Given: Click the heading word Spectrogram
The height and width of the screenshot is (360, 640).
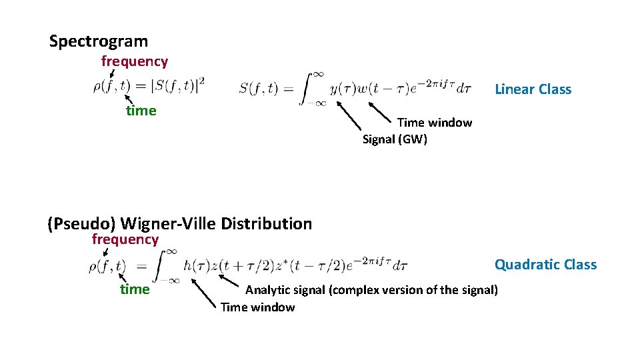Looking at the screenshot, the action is (x=99, y=41).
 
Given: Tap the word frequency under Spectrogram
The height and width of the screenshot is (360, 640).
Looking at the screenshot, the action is (x=134, y=61).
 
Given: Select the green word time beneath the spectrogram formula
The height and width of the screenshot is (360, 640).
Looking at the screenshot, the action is (x=141, y=111).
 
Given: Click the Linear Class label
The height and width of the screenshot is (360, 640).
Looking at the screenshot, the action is (x=533, y=89).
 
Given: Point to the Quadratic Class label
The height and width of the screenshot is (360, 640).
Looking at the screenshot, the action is (x=545, y=265).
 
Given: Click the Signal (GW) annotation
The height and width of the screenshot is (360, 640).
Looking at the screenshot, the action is (x=394, y=139).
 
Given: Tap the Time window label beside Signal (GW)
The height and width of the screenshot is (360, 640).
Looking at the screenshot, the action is (x=434, y=123).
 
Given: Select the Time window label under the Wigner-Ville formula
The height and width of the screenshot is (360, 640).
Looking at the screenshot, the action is (x=257, y=307).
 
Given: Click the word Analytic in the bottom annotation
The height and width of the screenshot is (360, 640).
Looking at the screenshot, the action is (x=265, y=290).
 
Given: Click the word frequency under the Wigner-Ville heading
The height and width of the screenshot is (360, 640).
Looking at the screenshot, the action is (x=125, y=239).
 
